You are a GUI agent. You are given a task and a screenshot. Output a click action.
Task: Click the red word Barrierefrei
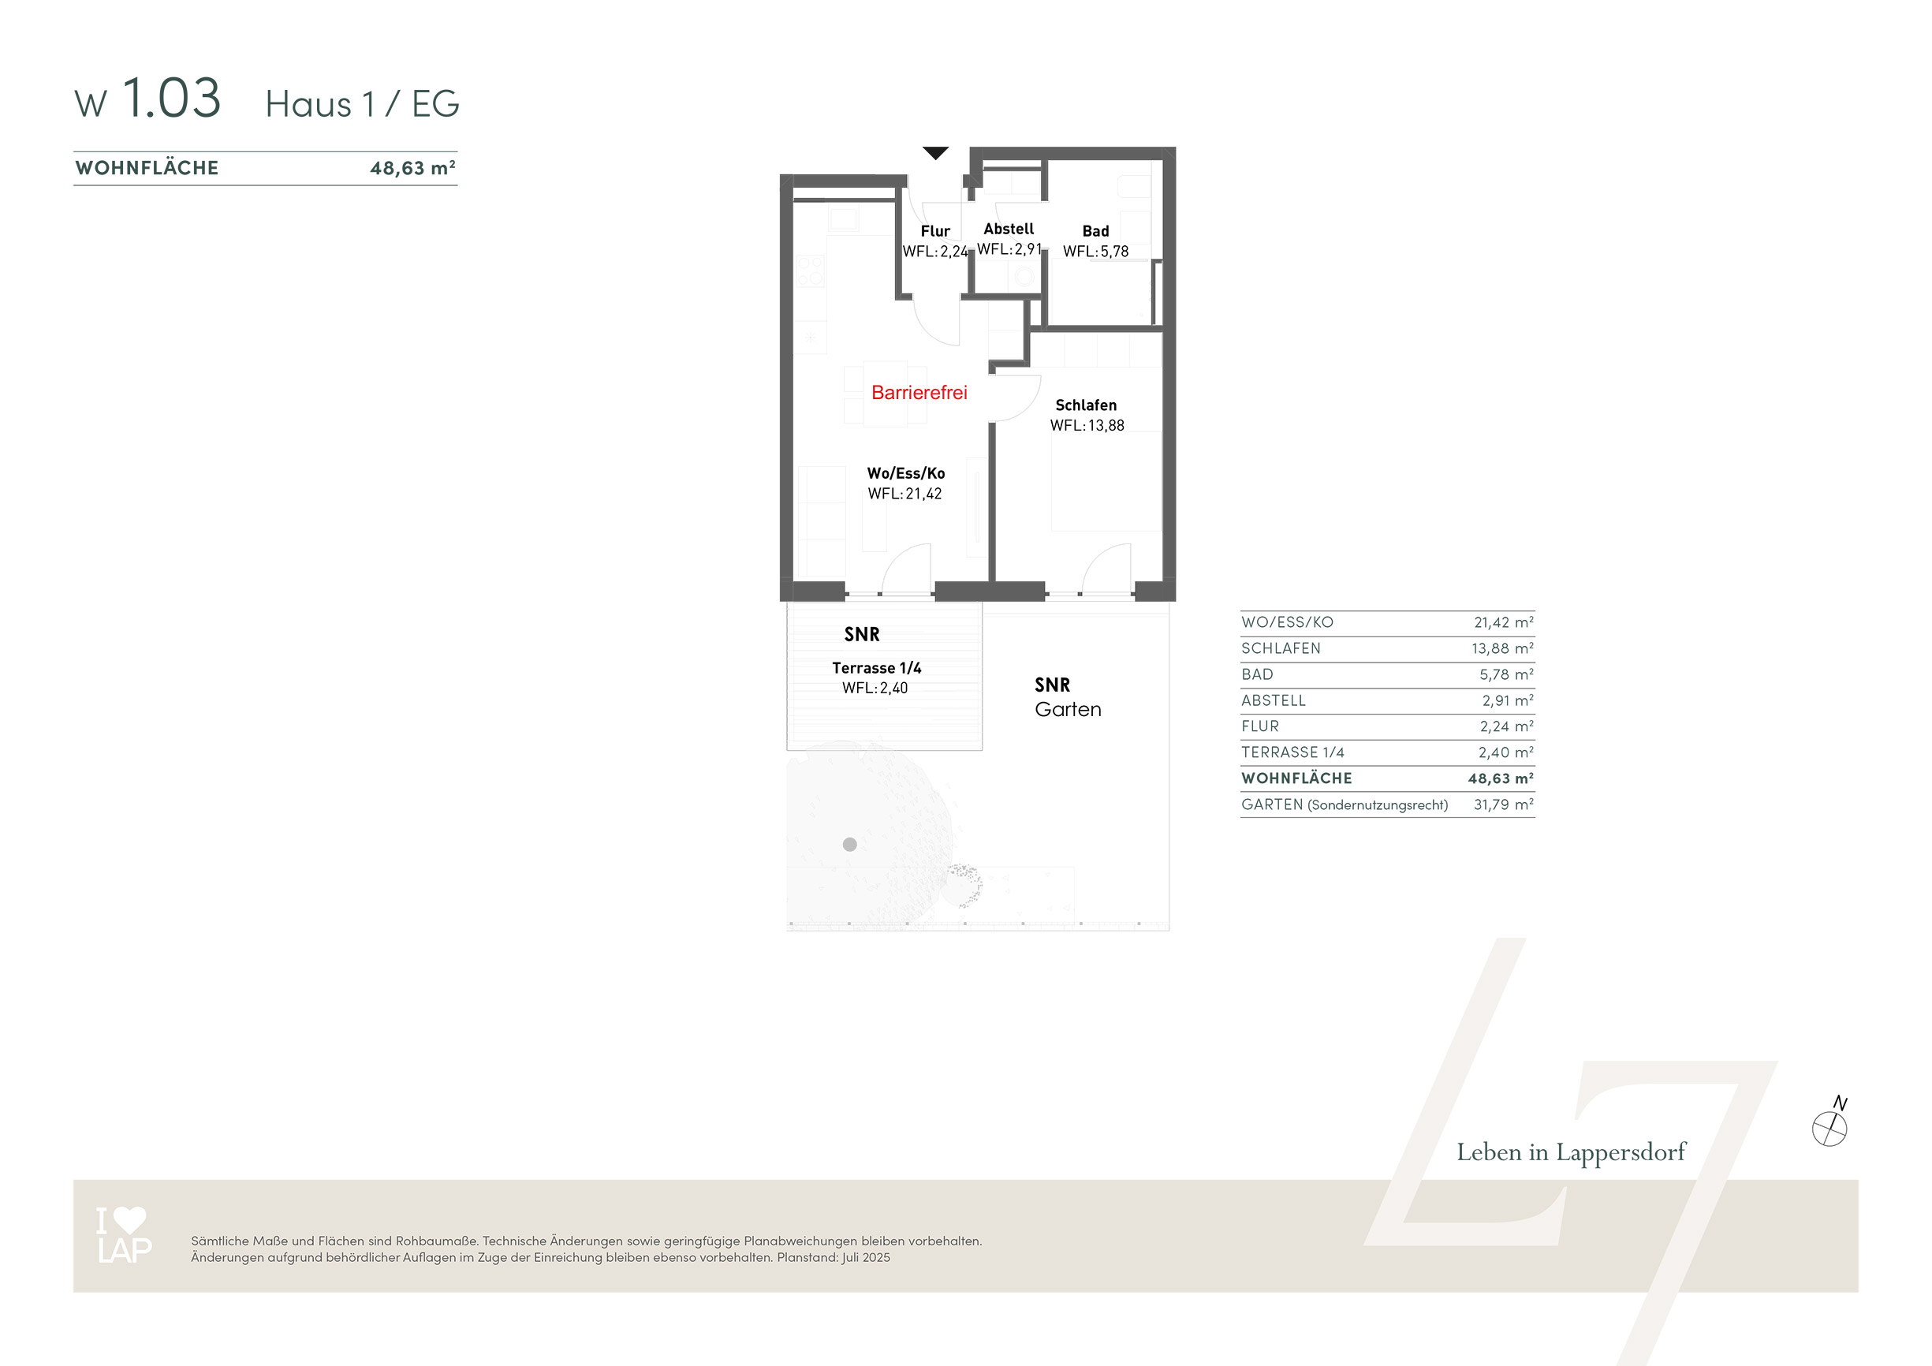tap(919, 392)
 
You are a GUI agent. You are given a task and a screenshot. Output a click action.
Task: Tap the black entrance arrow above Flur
tap(936, 152)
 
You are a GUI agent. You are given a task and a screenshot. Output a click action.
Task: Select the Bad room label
tap(1095, 230)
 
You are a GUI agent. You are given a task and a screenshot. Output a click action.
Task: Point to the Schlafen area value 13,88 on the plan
tap(1106, 426)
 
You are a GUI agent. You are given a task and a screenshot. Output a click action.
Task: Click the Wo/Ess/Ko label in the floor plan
tap(906, 473)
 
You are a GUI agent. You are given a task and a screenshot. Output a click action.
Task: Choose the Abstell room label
tap(1009, 229)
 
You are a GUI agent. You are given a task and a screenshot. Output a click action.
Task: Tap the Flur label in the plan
tap(935, 230)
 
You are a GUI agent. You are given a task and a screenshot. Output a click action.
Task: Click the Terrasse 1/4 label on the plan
tap(877, 668)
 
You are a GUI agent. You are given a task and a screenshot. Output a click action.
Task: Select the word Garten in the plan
tap(1068, 710)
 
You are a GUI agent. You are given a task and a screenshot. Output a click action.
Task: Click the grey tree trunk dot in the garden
tap(850, 844)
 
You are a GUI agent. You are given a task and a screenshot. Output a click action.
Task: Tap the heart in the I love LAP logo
tap(129, 1219)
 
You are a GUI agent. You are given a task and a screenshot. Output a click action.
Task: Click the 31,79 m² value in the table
tap(1503, 804)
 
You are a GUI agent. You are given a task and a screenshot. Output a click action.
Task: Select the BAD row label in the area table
tap(1257, 675)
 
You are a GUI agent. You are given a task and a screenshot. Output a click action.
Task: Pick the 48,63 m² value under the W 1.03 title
tap(413, 167)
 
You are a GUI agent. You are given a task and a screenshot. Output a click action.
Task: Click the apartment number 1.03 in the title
tap(172, 98)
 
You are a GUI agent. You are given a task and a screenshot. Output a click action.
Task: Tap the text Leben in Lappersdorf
tap(1571, 1152)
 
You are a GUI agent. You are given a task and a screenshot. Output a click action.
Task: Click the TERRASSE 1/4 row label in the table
tap(1292, 752)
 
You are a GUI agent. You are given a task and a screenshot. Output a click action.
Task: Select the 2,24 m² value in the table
tap(1506, 726)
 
